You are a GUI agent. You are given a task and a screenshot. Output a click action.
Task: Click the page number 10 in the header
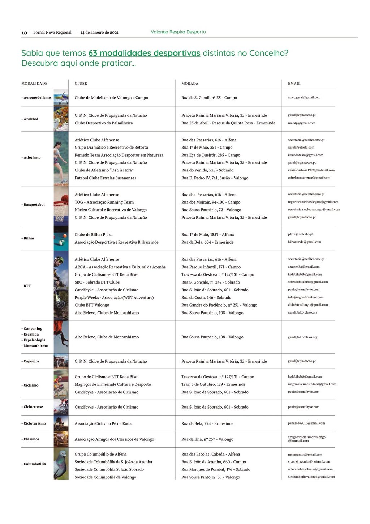point(24,33)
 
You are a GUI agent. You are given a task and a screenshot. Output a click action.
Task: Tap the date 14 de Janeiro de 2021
point(99,33)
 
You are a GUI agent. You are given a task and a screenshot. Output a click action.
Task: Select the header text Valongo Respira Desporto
point(178,32)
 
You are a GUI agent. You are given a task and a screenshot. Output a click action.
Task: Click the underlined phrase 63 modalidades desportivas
point(144,53)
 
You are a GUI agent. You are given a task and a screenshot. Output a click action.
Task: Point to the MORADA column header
point(190,84)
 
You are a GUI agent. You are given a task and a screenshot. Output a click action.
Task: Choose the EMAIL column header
point(294,84)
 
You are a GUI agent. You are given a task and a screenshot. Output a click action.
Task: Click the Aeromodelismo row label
point(36,98)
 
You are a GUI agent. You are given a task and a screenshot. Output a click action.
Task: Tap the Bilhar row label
point(29,238)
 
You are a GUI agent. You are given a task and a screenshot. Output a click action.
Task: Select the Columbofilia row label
point(34,464)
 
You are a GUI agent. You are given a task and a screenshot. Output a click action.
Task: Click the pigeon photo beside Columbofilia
point(61,464)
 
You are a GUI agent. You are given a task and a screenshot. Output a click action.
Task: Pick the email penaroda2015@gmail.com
point(306,423)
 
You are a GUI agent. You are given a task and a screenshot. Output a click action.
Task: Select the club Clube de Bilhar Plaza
point(94,235)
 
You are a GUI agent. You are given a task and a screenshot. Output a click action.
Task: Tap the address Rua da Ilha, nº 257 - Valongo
point(207,439)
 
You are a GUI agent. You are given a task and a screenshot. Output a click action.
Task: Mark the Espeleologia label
point(34,340)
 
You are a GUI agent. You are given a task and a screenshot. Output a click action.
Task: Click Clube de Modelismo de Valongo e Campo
point(111,98)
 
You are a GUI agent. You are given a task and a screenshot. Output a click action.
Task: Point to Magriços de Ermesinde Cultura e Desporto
point(113,384)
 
